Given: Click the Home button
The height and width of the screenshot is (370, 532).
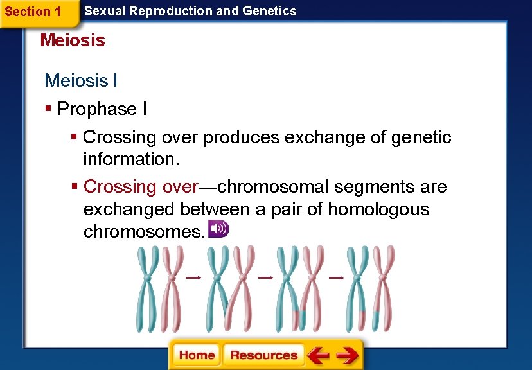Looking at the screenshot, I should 197,355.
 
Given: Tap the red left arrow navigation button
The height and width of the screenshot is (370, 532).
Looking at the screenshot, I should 317,355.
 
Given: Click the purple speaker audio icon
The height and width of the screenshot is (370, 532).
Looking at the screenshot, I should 218,229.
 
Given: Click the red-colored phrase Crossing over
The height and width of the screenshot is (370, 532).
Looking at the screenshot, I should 140,187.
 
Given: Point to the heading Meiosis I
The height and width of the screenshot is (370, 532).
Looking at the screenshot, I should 81,80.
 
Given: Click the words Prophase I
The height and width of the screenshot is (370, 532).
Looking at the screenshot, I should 102,109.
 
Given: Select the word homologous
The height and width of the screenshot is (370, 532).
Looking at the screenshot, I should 378,209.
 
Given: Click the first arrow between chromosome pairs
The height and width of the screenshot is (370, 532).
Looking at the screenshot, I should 193,277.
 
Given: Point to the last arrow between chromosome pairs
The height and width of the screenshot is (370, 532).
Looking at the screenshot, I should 336,277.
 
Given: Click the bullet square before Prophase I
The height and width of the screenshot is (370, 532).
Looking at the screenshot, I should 49,109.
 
